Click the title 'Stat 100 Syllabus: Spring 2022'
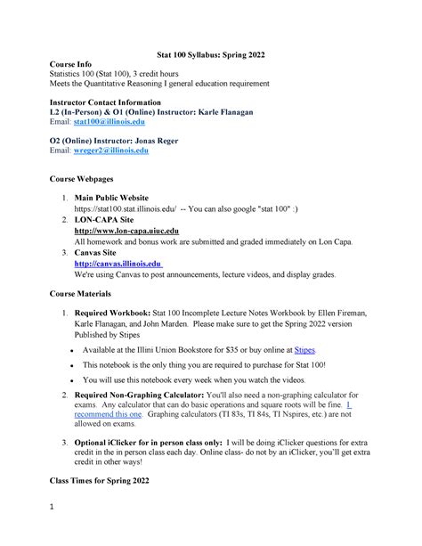pyautogui.click(x=210, y=55)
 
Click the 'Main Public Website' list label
pyautogui.click(x=111, y=198)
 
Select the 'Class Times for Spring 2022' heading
pyautogui.click(x=106, y=482)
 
